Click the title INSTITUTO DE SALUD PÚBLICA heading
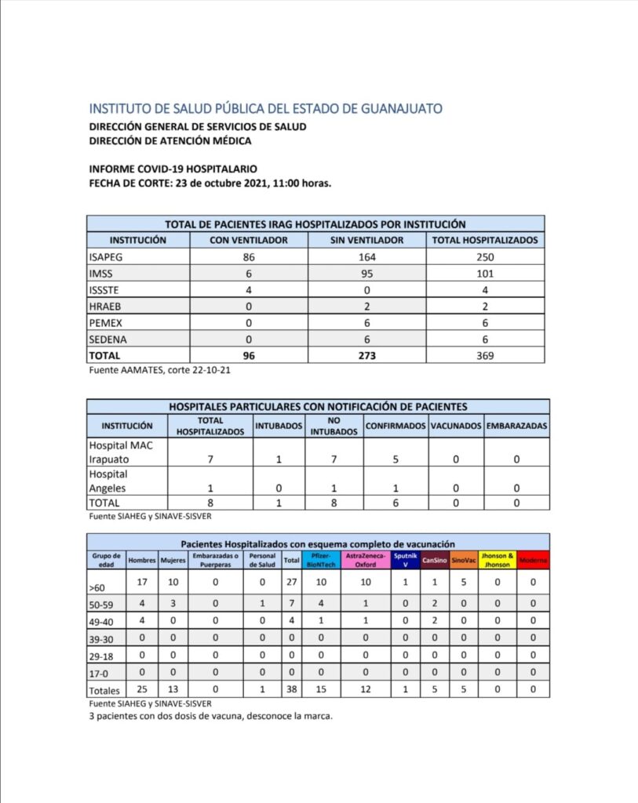pyautogui.click(x=266, y=108)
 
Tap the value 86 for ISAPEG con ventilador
pyautogui.click(x=250, y=257)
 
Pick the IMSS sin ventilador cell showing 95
pyautogui.click(x=367, y=274)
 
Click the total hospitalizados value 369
pyautogui.click(x=485, y=355)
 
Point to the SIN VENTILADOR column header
pyautogui.click(x=367, y=240)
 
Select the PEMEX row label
pyautogui.click(x=107, y=323)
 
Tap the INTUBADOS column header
pyautogui.click(x=279, y=426)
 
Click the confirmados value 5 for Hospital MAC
pyautogui.click(x=396, y=460)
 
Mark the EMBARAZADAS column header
pyautogui.click(x=516, y=426)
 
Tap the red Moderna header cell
pyautogui.click(x=533, y=560)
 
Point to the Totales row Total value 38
pyautogui.click(x=291, y=690)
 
